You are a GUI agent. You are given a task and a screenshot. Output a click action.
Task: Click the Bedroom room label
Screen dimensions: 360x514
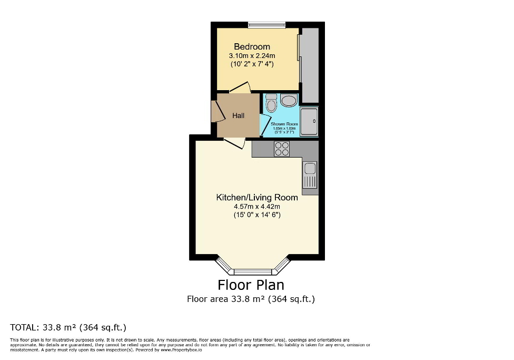pyautogui.click(x=252, y=46)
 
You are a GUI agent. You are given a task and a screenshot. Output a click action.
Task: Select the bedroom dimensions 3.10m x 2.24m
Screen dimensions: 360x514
pyautogui.click(x=252, y=55)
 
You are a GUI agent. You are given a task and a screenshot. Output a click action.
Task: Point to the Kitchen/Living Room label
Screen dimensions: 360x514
pyautogui.click(x=257, y=197)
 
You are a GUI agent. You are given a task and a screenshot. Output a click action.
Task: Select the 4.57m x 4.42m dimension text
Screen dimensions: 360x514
pyautogui.click(x=257, y=206)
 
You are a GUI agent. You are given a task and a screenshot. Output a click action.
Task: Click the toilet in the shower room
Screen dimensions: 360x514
pyautogui.click(x=271, y=103)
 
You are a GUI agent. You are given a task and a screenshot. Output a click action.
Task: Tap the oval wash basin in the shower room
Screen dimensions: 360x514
pyautogui.click(x=289, y=101)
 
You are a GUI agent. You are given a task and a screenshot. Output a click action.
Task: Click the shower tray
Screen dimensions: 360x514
pyautogui.click(x=309, y=121)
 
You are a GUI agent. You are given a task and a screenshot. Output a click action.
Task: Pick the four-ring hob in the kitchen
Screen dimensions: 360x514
pyautogui.click(x=282, y=149)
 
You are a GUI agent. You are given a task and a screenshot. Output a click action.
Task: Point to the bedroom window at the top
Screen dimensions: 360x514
pyautogui.click(x=266, y=24)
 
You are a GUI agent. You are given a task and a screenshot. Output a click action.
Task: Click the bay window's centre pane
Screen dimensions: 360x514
pyautogui.click(x=252, y=272)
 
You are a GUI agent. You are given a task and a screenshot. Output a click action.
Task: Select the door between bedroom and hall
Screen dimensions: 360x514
pyautogui.click(x=240, y=88)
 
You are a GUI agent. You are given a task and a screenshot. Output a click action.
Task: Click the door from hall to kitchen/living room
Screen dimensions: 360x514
pyautogui.click(x=234, y=143)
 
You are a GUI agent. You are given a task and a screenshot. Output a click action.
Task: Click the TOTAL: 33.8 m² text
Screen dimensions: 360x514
pyautogui.click(x=68, y=327)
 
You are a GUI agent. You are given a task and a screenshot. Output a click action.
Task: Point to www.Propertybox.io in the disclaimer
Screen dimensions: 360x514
pyautogui.click(x=182, y=349)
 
